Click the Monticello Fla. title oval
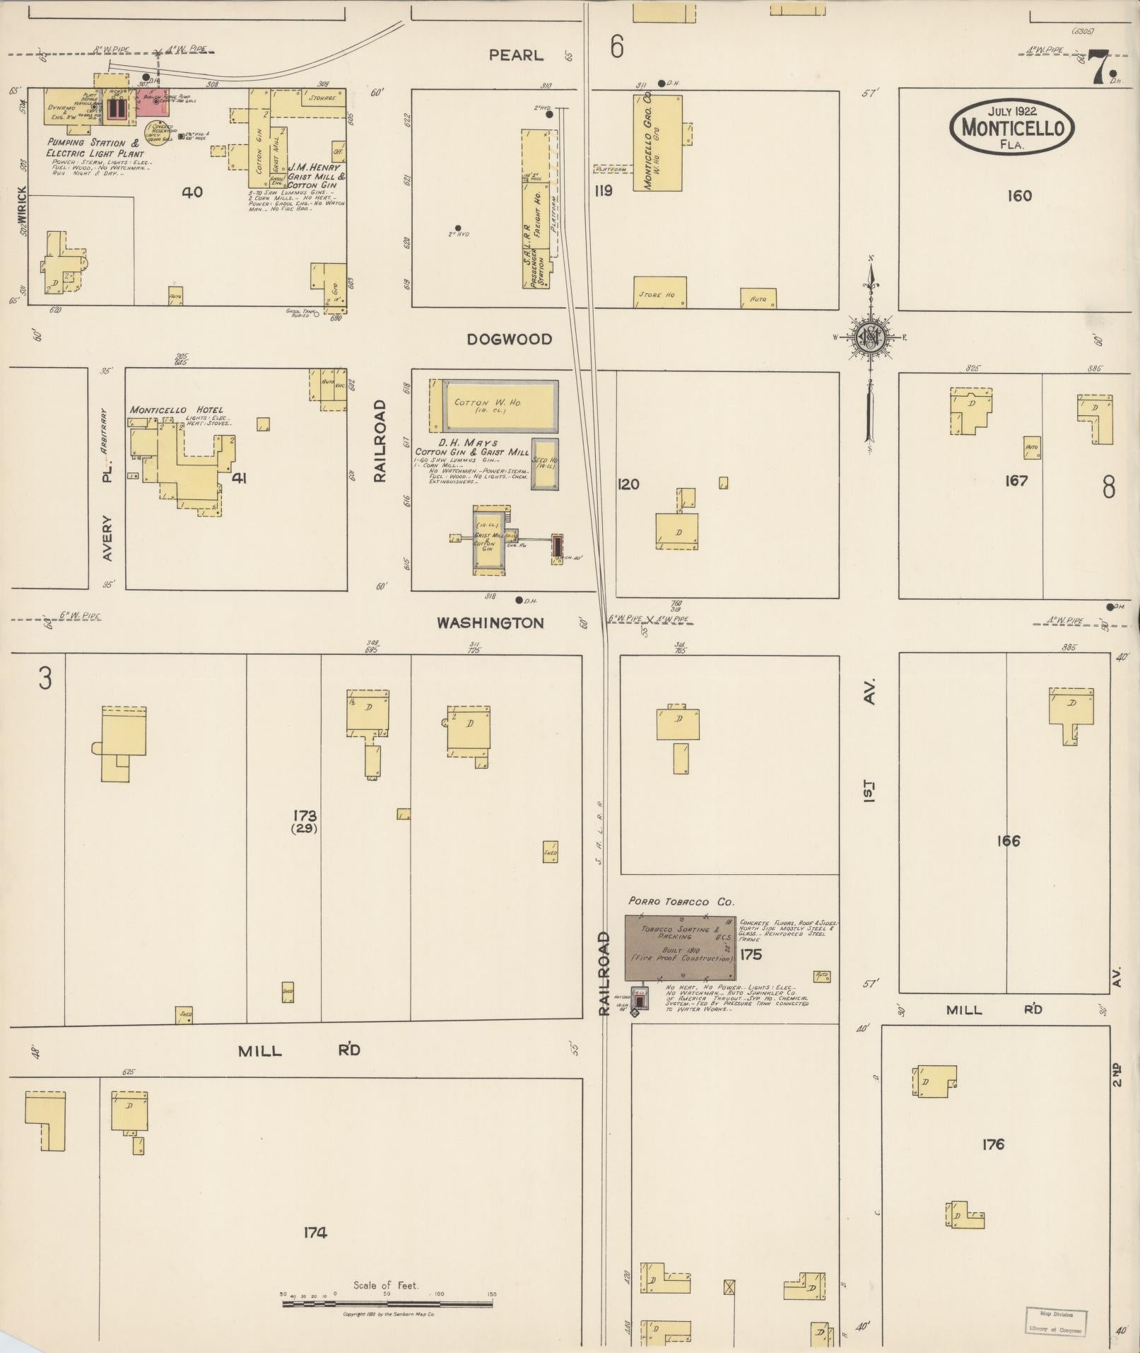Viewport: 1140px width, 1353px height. point(1012,128)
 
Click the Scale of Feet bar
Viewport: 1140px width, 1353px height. point(388,1302)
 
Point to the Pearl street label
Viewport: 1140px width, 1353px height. point(516,55)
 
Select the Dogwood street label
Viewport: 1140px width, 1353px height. point(509,339)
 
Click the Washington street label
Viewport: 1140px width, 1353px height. point(490,623)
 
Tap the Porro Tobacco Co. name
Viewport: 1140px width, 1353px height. point(681,902)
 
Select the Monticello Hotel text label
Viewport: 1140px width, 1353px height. point(176,410)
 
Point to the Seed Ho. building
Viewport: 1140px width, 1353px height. point(544,463)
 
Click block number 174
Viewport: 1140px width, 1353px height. point(315,1233)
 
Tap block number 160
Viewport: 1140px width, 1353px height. point(1019,196)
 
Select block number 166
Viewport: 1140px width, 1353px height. point(1008,841)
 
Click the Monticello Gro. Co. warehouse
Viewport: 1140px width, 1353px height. point(657,141)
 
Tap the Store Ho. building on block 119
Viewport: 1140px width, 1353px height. point(659,292)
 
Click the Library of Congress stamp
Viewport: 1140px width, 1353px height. point(1056,1319)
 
